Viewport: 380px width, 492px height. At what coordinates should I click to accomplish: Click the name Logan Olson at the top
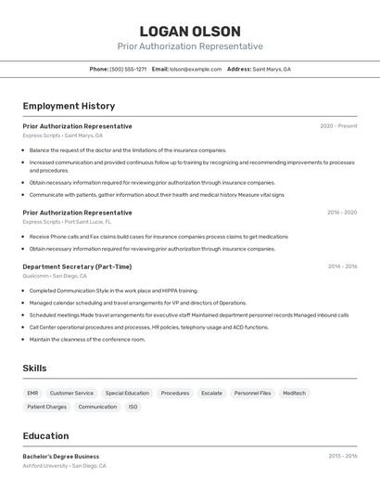pos(190,31)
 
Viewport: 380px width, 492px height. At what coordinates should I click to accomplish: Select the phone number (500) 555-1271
pos(128,69)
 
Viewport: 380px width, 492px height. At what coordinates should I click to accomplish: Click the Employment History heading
pos(69,106)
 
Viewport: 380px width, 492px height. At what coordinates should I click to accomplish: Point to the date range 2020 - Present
pos(338,126)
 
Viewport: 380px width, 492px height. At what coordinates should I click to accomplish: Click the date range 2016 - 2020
pos(342,213)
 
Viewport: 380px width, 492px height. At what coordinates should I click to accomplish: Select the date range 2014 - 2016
pos(342,266)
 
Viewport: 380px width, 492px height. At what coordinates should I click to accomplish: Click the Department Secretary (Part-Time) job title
pos(77,266)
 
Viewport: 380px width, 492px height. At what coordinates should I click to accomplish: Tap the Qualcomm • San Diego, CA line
pos(55,276)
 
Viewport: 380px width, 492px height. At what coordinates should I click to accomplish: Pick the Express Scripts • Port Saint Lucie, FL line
pos(67,222)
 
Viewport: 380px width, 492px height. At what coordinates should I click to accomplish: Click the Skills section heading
pos(35,369)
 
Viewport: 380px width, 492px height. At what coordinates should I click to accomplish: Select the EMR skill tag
pos(32,393)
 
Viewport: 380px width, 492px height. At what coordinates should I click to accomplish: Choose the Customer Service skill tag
pos(71,393)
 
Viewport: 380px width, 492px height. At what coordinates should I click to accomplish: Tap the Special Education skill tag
pos(127,393)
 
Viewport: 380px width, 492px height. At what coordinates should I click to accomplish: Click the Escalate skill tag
pos(211,393)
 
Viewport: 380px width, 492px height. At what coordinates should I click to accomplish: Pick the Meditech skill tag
pos(294,393)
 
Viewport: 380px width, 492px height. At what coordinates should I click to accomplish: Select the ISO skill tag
pos(133,407)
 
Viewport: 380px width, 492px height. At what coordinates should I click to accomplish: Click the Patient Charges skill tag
pos(46,407)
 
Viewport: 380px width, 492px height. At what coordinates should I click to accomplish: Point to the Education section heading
pos(45,435)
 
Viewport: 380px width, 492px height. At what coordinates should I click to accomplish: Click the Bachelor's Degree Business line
pos(61,457)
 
